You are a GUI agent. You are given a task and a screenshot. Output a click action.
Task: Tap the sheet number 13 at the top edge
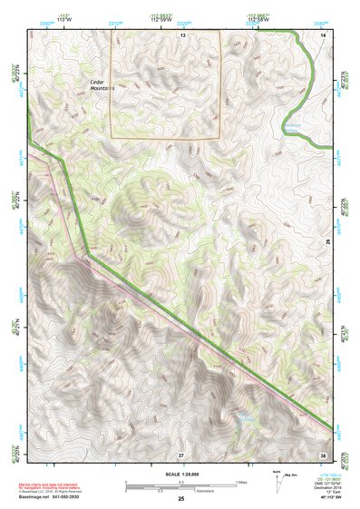(182, 34)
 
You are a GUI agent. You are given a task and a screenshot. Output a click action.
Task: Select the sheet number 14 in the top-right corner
(324, 34)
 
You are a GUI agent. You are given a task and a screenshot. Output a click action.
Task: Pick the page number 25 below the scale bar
(181, 499)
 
